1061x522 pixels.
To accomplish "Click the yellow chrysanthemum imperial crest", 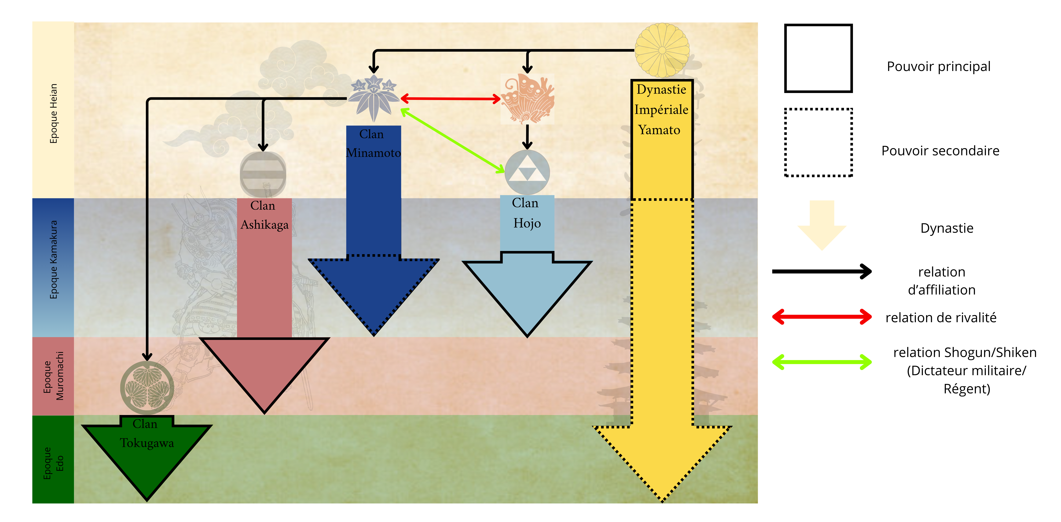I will pyautogui.click(x=662, y=50).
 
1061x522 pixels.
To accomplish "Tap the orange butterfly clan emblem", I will pyautogui.click(x=527, y=99).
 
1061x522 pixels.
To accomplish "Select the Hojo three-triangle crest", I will pyautogui.click(x=527, y=172).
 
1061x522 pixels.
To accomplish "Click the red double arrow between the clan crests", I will pyautogui.click(x=451, y=99).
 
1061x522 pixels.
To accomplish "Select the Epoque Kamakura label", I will pyautogui.click(x=54, y=259).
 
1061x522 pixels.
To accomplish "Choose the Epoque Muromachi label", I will pyautogui.click(x=54, y=376).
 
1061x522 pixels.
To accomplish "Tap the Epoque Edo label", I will pyautogui.click(x=54, y=463).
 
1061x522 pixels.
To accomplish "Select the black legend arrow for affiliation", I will pyautogui.click(x=822, y=271).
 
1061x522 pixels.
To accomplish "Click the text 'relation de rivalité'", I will pyautogui.click(x=941, y=318).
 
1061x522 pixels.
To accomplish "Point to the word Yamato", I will pyautogui.click(x=659, y=130).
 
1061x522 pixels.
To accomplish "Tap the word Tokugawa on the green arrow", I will pyautogui.click(x=147, y=443).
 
